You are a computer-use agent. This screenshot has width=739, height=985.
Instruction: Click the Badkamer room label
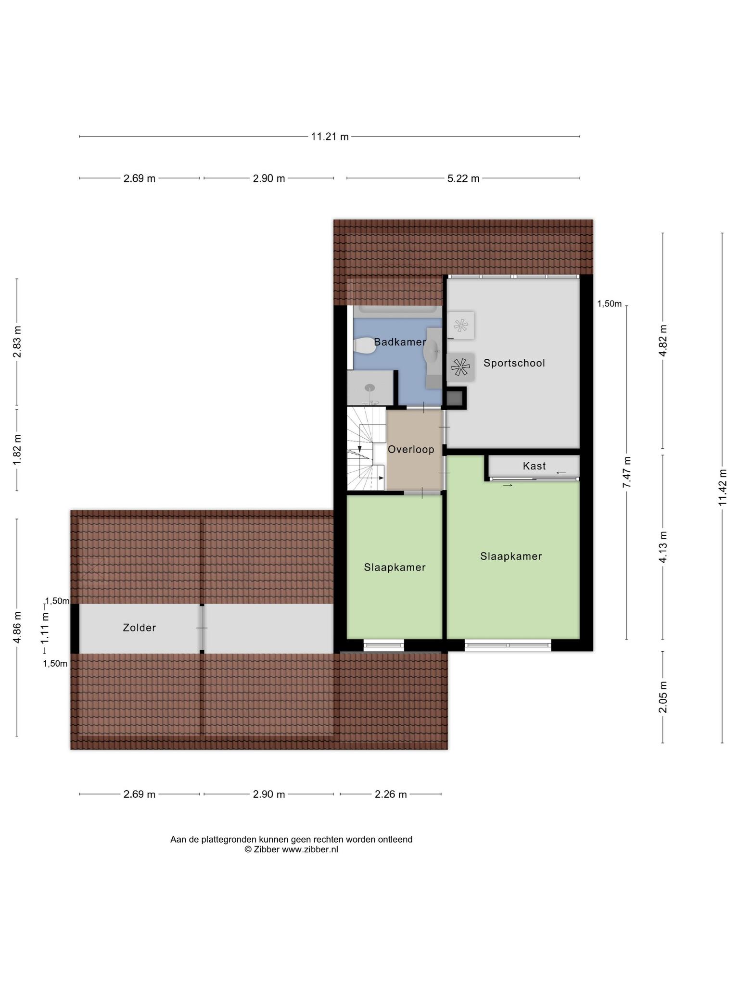click(x=400, y=342)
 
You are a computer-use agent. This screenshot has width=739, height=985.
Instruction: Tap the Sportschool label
click(x=514, y=363)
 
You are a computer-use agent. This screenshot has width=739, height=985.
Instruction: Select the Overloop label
click(x=411, y=449)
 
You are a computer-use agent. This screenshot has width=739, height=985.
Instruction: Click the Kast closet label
click(x=535, y=466)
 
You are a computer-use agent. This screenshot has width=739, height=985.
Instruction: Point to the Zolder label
click(x=140, y=628)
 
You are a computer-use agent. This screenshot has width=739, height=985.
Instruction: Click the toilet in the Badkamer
click(x=364, y=346)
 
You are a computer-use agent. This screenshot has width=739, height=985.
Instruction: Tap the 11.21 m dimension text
click(x=330, y=137)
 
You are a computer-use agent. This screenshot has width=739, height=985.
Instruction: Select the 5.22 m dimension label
click(x=463, y=178)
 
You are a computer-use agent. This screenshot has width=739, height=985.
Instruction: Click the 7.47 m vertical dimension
click(x=627, y=472)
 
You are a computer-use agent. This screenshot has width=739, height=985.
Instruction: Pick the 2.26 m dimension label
click(x=391, y=795)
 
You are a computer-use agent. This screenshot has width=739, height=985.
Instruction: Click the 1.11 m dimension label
click(x=45, y=628)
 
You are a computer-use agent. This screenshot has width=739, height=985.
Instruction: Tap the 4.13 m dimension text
click(x=663, y=547)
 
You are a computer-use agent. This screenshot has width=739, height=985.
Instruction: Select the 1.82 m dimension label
click(x=17, y=449)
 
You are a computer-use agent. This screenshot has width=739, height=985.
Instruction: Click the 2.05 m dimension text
click(x=663, y=697)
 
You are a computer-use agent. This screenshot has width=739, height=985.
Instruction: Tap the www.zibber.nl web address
click(x=310, y=849)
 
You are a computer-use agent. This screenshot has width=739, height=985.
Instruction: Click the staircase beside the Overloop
click(x=366, y=449)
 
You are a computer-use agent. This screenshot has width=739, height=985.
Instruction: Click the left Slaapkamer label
click(x=395, y=568)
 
